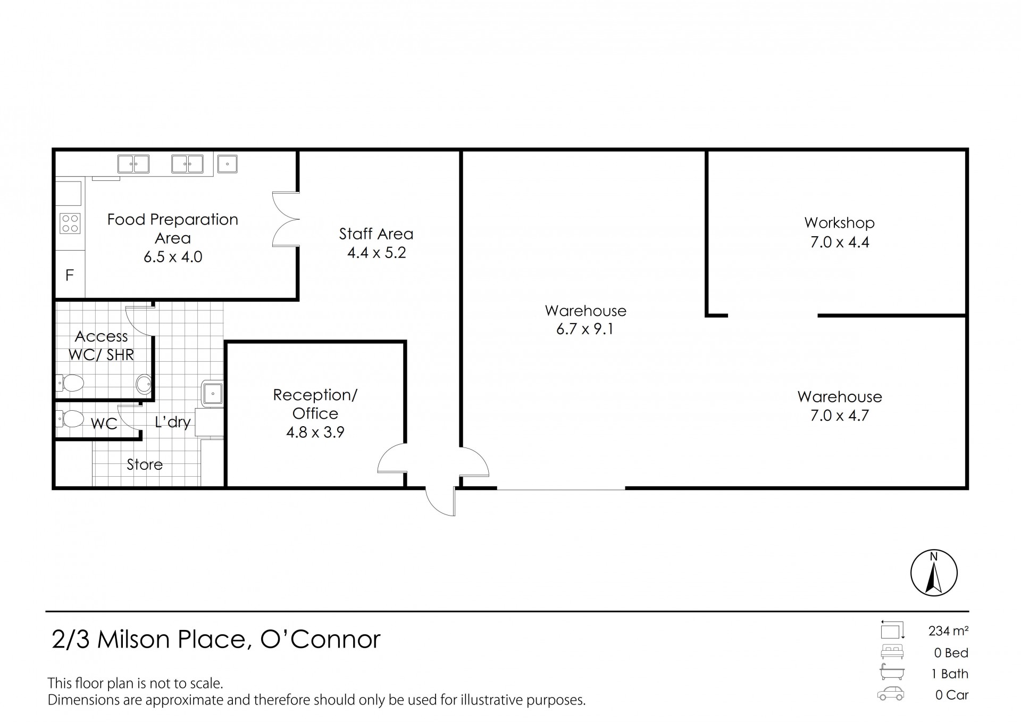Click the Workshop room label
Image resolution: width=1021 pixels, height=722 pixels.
[839, 222]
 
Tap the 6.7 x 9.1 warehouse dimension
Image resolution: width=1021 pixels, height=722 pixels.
[584, 329]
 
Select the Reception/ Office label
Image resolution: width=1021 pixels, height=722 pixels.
[315, 404]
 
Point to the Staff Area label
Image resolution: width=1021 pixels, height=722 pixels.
[376, 234]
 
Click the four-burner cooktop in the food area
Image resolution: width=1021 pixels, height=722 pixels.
[70, 223]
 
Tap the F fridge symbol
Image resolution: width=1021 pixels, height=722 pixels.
[70, 275]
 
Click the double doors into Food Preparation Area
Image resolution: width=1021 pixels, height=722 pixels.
[286, 219]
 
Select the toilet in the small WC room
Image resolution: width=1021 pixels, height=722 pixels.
[70, 419]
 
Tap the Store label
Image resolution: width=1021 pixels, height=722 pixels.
[144, 464]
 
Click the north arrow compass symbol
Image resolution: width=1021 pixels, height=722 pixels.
[934, 573]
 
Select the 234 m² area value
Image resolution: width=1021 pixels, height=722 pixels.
[948, 631]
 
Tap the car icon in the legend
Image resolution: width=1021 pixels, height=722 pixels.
[891, 694]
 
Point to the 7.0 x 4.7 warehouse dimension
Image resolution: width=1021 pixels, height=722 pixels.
[839, 416]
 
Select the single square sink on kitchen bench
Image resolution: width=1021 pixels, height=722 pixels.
[227, 163]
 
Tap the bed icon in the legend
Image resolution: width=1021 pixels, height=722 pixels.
[892, 652]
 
